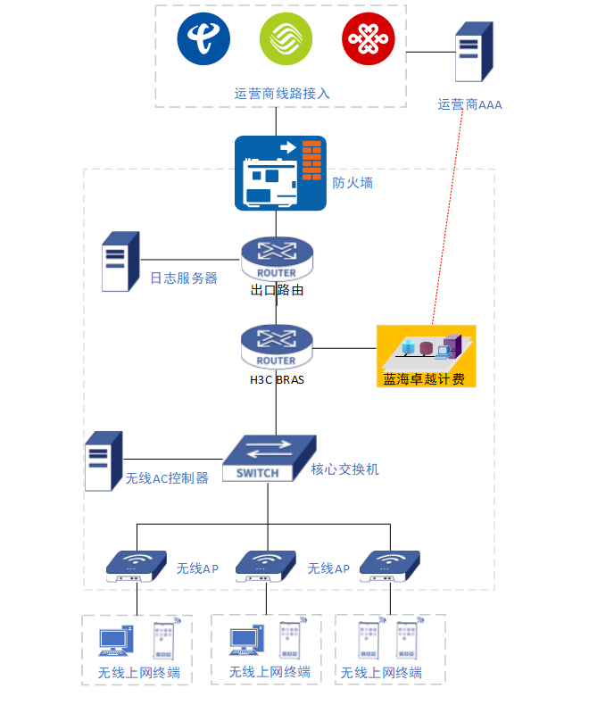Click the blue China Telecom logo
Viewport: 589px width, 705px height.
pos(203,38)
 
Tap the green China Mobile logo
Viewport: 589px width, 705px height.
pos(286,38)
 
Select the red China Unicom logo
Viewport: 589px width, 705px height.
pos(368,38)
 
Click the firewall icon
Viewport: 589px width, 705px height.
pos(280,173)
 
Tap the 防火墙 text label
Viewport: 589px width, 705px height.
pos(353,183)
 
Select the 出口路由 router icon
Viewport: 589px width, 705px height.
pos(277,259)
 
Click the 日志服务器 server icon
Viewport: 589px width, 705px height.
pos(120,261)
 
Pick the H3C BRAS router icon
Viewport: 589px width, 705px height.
pos(277,346)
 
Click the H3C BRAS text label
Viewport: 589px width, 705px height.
pos(277,378)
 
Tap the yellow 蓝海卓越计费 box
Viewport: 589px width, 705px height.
pos(426,355)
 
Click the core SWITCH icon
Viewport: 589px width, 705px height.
pos(268,458)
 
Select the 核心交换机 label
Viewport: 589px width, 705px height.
pos(344,469)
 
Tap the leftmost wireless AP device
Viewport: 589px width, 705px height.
pos(136,565)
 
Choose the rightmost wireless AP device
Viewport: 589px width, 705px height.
pos(390,565)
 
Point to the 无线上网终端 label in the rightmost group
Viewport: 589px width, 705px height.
pos(381,672)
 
